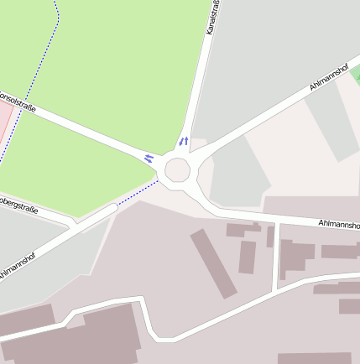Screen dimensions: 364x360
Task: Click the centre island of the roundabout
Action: (x=177, y=169)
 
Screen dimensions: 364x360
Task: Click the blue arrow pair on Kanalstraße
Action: (x=183, y=140)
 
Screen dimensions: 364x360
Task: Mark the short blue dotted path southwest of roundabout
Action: (x=136, y=193)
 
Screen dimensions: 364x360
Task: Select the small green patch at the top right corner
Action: (x=355, y=74)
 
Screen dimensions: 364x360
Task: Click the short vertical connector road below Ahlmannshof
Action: (x=277, y=256)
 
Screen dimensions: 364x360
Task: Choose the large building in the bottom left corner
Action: (x=92, y=335)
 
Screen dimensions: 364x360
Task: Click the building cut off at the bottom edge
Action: (x=314, y=358)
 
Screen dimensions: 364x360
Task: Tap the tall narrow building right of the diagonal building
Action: (x=247, y=257)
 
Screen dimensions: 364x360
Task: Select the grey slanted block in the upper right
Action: (x=331, y=122)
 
